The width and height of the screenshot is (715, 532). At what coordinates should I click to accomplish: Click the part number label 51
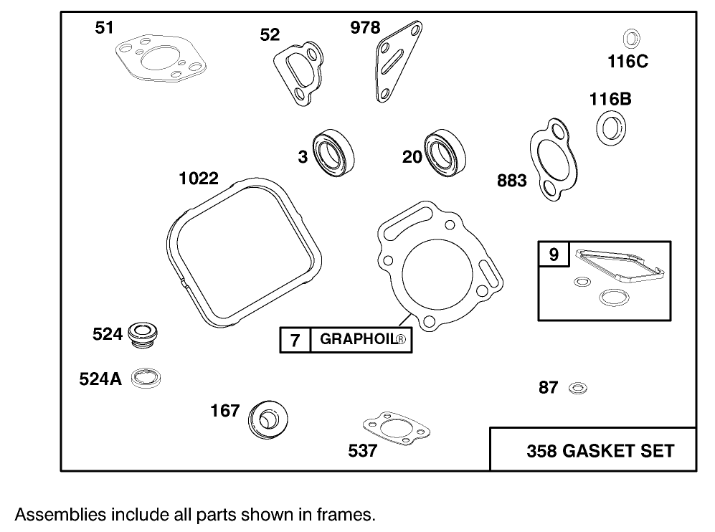(104, 28)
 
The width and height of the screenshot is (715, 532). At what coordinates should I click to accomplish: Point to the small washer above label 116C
(632, 38)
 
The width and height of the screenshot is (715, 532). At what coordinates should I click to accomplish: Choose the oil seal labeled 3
(333, 153)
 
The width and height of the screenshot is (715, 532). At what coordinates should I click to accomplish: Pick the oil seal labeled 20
(444, 153)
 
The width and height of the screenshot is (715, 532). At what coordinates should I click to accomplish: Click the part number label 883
(511, 180)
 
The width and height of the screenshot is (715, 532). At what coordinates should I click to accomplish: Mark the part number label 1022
(199, 178)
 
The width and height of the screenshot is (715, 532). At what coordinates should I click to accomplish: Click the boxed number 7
(295, 340)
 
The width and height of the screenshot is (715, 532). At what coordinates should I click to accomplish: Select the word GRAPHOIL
(358, 340)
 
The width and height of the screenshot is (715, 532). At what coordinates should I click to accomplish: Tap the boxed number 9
(553, 255)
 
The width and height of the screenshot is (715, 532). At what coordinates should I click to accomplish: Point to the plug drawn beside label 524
(143, 335)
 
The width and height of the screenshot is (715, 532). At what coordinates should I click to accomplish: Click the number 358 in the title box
(542, 450)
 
